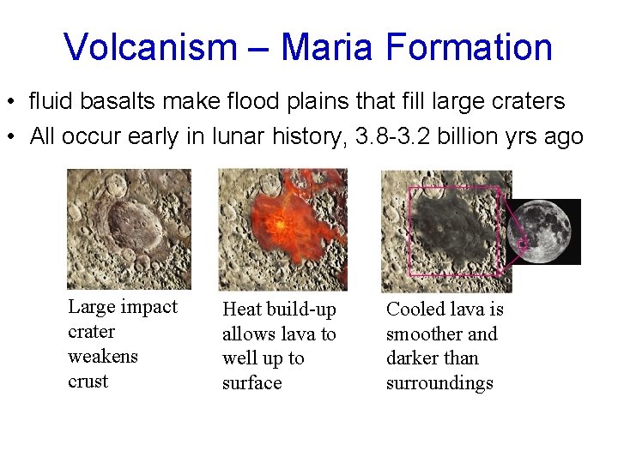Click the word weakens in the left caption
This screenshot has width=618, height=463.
pos(102,356)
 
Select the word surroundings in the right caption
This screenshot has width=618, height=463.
pos(439,383)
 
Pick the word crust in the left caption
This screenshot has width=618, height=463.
pos(88,381)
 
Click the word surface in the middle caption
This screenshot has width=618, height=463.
pos(251,383)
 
